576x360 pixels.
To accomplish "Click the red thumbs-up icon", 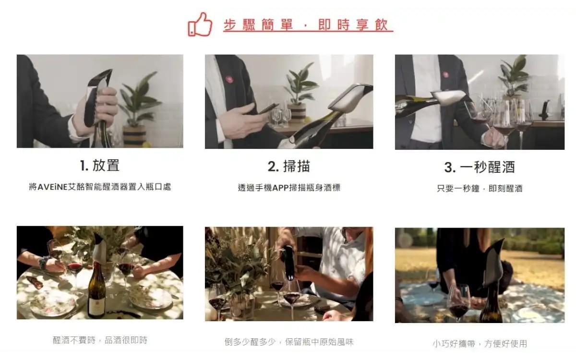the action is (200, 24).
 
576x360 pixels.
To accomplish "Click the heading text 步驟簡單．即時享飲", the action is (306, 25).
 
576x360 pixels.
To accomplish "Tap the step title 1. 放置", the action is (100, 165).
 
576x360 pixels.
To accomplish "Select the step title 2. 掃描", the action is (289, 166).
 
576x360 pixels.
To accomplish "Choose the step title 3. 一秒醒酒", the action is (480, 167).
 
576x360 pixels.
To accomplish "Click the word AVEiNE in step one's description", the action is (52, 187).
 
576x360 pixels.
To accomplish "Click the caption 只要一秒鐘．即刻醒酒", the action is (480, 189).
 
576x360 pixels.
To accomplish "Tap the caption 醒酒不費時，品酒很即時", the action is (100, 340).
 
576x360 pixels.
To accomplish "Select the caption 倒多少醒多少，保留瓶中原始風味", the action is (289, 342).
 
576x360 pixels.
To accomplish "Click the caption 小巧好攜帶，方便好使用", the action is (480, 344).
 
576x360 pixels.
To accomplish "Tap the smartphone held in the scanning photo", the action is (268, 108).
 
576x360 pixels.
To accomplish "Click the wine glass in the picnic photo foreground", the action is (459, 303).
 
